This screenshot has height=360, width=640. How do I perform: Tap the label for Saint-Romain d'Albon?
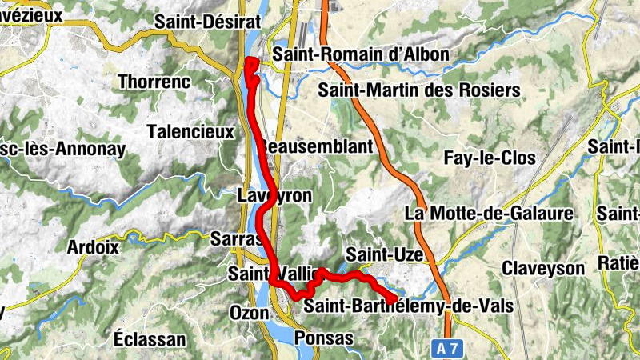[x=360, y=54]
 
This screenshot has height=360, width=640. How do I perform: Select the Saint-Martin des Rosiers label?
[x=419, y=90]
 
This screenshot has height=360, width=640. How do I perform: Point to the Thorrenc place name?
[x=154, y=81]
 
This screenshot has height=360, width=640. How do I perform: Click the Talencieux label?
[x=190, y=130]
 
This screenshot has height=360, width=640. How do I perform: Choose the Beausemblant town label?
[x=317, y=147]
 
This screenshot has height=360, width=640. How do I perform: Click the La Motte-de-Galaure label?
[x=490, y=213]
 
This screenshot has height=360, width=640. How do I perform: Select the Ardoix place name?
[x=94, y=246]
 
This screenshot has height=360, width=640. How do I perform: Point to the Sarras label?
[x=237, y=238]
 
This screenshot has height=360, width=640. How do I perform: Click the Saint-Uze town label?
[x=383, y=254]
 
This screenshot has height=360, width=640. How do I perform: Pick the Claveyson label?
[x=544, y=269]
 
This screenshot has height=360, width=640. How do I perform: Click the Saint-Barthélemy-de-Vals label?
[x=408, y=306]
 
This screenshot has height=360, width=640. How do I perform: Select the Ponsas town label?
[x=323, y=338]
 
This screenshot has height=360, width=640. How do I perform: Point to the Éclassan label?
[x=150, y=339]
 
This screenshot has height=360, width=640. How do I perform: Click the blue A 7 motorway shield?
[x=450, y=348]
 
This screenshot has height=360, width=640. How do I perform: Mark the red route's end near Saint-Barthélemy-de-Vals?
[x=394, y=300]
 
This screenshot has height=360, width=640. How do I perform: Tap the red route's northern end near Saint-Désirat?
[x=250, y=62]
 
